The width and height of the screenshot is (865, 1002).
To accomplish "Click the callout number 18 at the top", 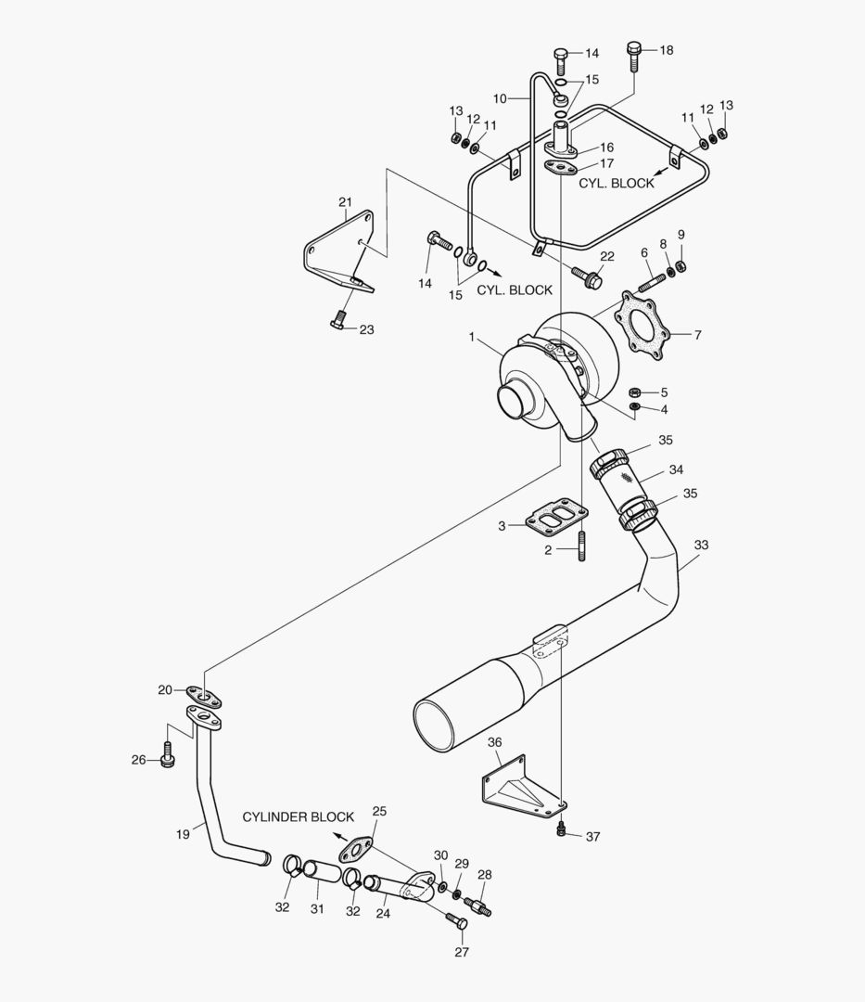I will click(667, 50).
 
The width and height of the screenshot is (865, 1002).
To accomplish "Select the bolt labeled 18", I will click(635, 56).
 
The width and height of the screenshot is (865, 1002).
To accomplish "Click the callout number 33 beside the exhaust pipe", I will click(700, 546).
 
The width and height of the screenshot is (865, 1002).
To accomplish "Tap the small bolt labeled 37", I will click(561, 829).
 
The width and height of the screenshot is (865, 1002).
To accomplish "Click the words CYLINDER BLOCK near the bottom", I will click(299, 817).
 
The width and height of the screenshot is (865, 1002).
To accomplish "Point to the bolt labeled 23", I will click(337, 322).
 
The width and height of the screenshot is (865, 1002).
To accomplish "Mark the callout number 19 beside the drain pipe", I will click(183, 835).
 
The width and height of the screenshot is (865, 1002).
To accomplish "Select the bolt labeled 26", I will click(167, 756).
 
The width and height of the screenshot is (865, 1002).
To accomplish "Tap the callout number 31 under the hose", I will click(317, 908).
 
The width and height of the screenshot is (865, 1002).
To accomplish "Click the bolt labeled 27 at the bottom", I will click(457, 922).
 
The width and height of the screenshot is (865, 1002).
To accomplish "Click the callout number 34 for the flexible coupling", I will click(676, 470).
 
